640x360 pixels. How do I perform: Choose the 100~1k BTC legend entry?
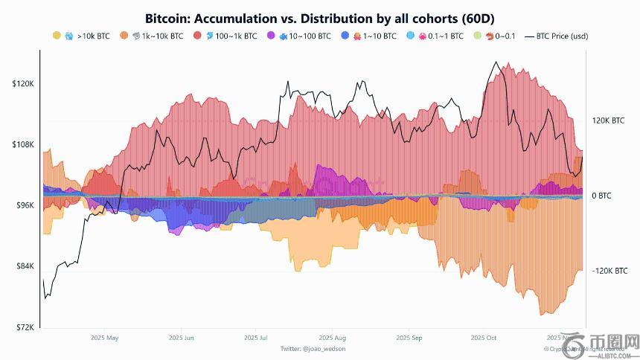[230, 36]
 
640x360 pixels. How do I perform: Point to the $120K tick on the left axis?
[23, 84]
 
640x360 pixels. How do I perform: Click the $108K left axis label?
[23, 144]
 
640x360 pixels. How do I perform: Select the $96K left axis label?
[25, 205]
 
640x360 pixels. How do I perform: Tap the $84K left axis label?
[25, 266]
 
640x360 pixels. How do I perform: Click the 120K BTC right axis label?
[608, 120]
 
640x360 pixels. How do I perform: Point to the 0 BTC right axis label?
[601, 196]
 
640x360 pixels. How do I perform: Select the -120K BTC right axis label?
[609, 271]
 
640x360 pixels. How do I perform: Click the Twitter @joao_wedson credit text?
[313, 348]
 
